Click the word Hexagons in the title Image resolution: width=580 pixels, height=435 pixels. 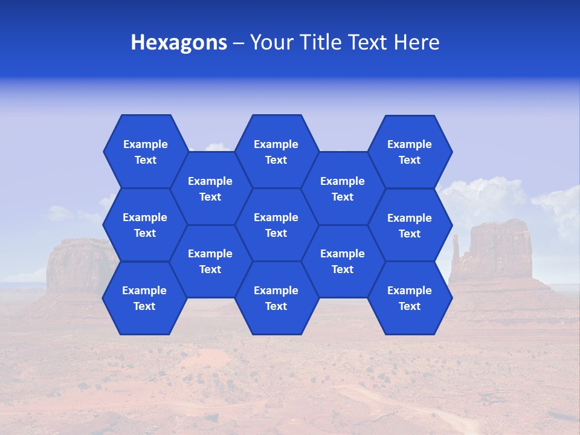[x=179, y=43]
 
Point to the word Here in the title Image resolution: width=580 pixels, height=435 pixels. [x=416, y=43]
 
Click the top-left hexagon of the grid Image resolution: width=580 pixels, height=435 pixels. [x=145, y=152]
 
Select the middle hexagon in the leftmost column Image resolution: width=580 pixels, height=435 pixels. [x=145, y=225]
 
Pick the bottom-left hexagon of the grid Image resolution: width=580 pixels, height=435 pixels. [x=144, y=298]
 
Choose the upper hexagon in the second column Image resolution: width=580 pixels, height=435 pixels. [x=210, y=188]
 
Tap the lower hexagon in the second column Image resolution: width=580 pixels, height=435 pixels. [x=210, y=261]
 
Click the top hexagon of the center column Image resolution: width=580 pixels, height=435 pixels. [x=276, y=152]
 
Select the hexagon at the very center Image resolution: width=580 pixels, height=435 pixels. [x=276, y=225]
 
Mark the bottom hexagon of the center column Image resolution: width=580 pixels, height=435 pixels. [x=276, y=298]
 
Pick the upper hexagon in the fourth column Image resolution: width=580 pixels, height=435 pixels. [x=343, y=188]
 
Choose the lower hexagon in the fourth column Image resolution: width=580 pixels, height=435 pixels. [x=343, y=261]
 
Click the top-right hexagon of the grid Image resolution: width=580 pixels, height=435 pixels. [x=410, y=152]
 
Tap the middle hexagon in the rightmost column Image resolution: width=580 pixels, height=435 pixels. [x=410, y=225]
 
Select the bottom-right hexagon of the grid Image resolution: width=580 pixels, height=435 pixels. [x=410, y=298]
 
